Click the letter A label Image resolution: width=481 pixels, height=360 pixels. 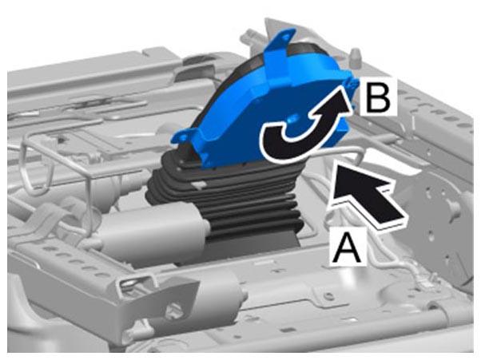pos(348,249)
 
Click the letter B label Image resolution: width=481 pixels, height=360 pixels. pos(378,97)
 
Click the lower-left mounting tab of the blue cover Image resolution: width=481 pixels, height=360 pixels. pos(183,136)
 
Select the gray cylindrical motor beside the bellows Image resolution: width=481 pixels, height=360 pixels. pos(153,231)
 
